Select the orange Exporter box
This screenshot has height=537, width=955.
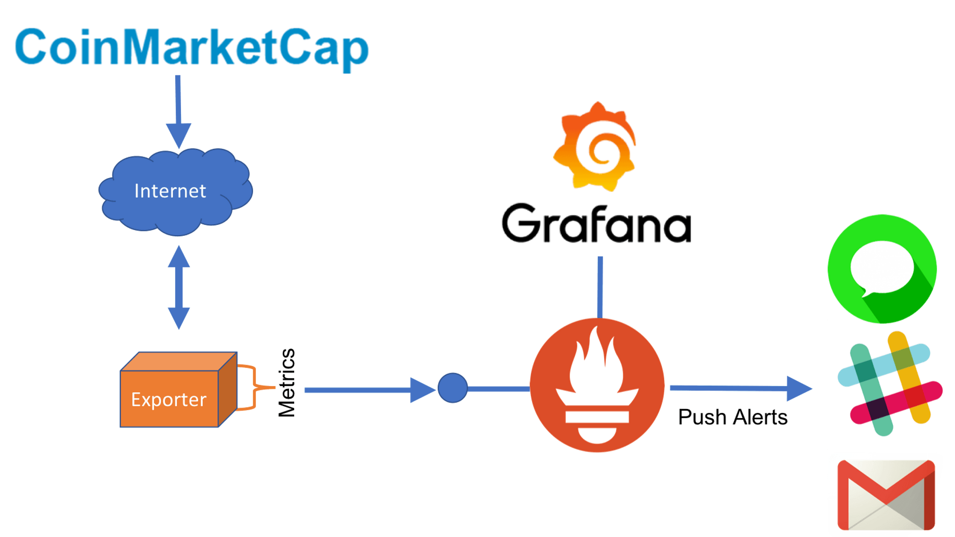point(172,396)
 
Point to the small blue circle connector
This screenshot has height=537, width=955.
point(452,388)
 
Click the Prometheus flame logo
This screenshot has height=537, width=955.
point(597,385)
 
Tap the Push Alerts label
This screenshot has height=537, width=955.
point(732,417)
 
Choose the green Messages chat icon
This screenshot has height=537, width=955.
point(882,268)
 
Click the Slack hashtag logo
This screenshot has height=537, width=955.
point(890,384)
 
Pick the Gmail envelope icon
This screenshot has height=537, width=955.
point(886,494)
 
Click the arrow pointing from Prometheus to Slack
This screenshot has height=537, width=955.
point(740,388)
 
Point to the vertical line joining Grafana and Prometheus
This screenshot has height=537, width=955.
point(600,286)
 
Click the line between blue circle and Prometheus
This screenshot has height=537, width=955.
point(499,389)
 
